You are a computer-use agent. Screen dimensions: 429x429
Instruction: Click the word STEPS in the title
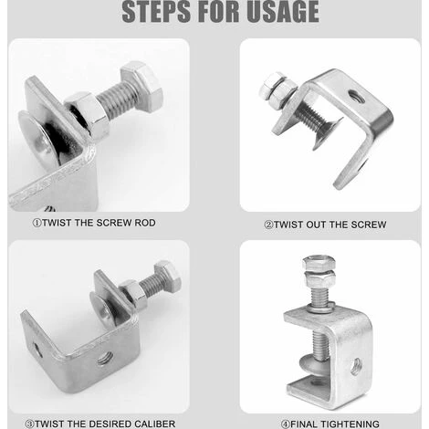click(x=157, y=12)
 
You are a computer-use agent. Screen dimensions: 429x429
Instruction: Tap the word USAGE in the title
click(x=283, y=12)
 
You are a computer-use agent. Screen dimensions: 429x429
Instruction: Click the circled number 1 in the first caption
click(x=37, y=223)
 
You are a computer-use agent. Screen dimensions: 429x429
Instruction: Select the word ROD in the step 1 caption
click(x=145, y=223)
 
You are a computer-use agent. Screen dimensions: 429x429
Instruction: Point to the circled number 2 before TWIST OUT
click(x=269, y=225)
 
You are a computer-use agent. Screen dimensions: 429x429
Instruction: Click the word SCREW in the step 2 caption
click(x=369, y=225)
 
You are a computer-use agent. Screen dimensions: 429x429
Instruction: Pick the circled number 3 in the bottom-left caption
click(x=29, y=424)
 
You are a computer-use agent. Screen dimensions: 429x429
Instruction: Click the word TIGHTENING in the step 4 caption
click(x=351, y=424)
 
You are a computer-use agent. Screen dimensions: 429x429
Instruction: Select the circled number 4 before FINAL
click(x=286, y=424)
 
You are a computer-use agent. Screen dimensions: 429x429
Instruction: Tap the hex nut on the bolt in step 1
click(x=88, y=115)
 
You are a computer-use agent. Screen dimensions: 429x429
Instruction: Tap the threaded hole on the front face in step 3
click(x=105, y=358)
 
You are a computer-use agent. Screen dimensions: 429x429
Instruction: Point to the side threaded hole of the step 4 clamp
click(x=356, y=366)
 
